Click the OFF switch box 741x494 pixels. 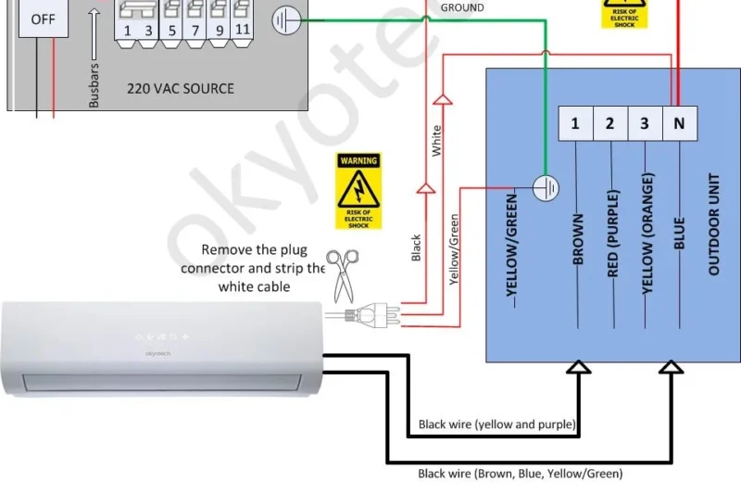pos(43,18)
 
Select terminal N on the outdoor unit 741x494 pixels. pos(679,124)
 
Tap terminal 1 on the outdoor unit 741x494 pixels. pos(575,124)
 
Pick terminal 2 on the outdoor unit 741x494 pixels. pos(609,124)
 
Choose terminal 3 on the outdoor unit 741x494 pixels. pos(645,124)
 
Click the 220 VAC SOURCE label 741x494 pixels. pos(181,89)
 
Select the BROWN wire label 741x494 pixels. pos(578,240)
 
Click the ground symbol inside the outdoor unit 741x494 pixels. pos(547,188)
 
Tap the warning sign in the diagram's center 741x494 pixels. pos(358,191)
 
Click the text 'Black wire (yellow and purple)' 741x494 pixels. pos(496,424)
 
